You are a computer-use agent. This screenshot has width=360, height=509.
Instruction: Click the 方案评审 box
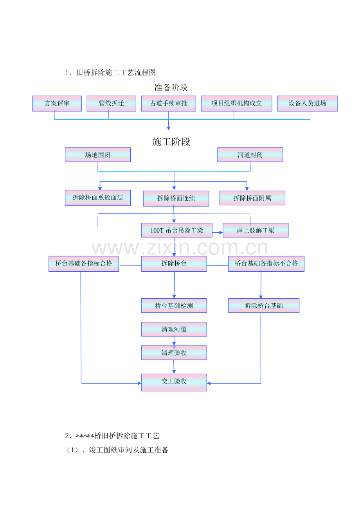tap(57, 104)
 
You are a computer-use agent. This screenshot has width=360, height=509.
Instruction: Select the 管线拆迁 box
tap(111, 104)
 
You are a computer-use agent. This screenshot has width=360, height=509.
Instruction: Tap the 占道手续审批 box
tap(169, 104)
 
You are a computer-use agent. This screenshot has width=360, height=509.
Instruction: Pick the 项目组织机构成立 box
tap(236, 104)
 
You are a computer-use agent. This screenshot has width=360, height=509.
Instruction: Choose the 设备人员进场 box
tap(307, 104)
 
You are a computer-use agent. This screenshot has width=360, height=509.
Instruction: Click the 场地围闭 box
tap(98, 155)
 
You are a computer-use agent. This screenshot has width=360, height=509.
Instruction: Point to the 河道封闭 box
tap(250, 155)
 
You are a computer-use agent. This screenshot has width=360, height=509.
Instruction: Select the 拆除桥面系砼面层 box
tap(98, 198)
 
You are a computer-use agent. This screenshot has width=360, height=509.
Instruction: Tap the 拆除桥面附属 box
tap(252, 198)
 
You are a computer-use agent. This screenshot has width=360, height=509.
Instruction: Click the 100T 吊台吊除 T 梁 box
tap(177, 230)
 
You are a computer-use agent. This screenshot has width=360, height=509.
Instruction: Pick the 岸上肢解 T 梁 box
tap(256, 230)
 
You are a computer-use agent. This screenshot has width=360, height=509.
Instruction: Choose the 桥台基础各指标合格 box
tap(84, 264)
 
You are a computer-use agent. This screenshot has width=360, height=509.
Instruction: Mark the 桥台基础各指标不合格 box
tap(266, 264)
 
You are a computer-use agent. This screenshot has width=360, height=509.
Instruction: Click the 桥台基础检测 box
tap(174, 306)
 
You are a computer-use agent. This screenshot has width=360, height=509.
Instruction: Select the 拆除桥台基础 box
tap(264, 306)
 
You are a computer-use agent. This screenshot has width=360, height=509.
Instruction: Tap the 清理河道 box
tap(174, 329)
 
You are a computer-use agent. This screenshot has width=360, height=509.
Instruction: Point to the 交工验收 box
tap(174, 383)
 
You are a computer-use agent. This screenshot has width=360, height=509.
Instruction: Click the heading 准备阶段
tap(171, 88)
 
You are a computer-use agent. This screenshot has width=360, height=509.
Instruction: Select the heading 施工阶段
tap(171, 142)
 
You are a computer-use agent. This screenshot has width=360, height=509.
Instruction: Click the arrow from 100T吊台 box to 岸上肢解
tap(218, 233)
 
